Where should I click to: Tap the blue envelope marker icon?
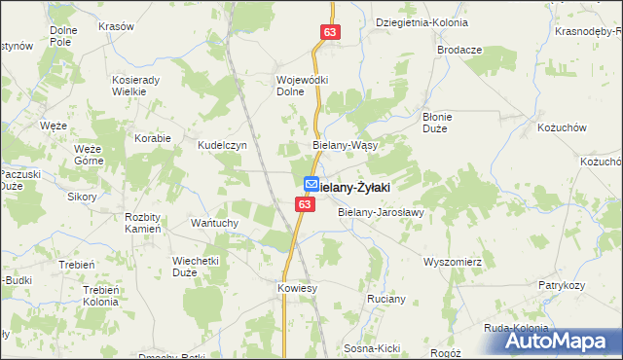(311, 184)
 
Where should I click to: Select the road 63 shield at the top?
(329, 34)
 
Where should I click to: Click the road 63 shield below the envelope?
(306, 204)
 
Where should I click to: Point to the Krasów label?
(117, 26)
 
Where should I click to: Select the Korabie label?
(154, 138)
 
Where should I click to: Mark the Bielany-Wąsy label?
(345, 144)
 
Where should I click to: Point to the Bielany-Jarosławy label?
(381, 211)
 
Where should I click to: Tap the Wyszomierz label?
(454, 262)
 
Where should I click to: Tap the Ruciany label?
(385, 299)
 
